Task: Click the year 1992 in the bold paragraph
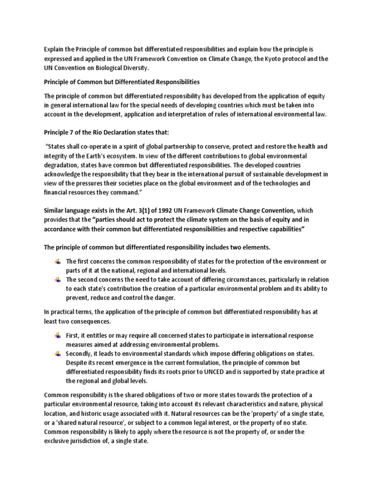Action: click(145, 210)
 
